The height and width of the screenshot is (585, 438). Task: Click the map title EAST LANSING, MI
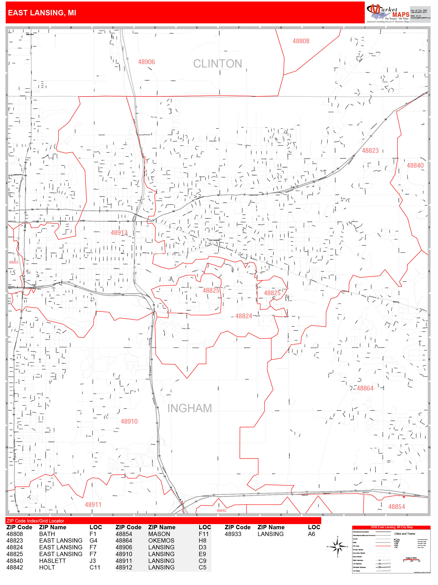tap(42, 13)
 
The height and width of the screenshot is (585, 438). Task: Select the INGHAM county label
tap(189, 408)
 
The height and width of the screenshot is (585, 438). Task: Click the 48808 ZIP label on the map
tap(301, 41)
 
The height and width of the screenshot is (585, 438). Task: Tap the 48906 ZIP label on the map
tap(146, 62)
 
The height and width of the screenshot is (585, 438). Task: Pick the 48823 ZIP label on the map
tap(370, 151)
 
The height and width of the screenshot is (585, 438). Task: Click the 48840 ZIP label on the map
tap(415, 166)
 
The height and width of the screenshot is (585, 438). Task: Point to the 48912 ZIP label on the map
tap(119, 233)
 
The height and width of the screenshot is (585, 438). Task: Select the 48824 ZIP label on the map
tap(243, 316)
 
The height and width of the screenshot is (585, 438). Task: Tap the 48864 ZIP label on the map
tap(365, 388)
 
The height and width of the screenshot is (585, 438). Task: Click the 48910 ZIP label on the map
tap(129, 421)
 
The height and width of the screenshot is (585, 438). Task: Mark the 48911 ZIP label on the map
tap(93, 505)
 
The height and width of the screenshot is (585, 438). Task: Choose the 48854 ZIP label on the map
tap(396, 507)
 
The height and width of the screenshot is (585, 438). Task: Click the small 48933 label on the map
tap(14, 262)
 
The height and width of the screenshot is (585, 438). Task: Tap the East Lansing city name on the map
tap(214, 240)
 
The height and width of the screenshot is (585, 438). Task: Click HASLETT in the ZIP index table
tap(52, 561)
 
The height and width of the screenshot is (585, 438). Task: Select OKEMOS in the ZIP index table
tap(161, 541)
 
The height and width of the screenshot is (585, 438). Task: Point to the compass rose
tap(338, 546)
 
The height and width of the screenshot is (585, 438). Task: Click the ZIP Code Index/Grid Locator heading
tap(35, 521)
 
